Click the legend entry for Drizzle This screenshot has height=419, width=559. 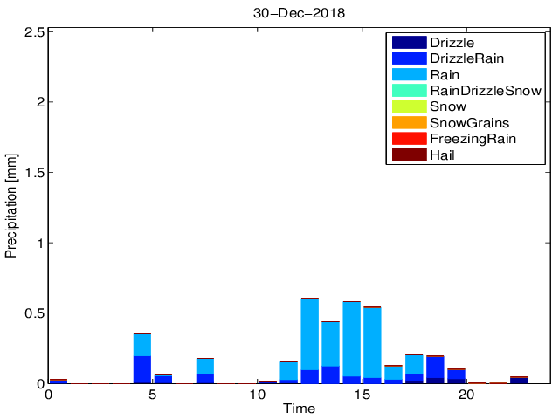tap(453, 43)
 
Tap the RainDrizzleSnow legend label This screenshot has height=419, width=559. tap(486, 90)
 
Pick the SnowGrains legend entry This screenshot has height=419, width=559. tap(468, 122)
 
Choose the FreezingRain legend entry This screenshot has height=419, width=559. tap(472, 138)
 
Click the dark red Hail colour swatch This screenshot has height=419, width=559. tap(408, 155)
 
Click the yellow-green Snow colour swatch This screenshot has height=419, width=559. tap(408, 106)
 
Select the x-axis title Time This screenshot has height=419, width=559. tap(300, 409)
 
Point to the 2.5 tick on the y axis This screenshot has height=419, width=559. tap(34, 31)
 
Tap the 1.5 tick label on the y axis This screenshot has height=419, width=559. tap(34, 172)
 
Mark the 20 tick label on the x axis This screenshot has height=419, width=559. tap(466, 395)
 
